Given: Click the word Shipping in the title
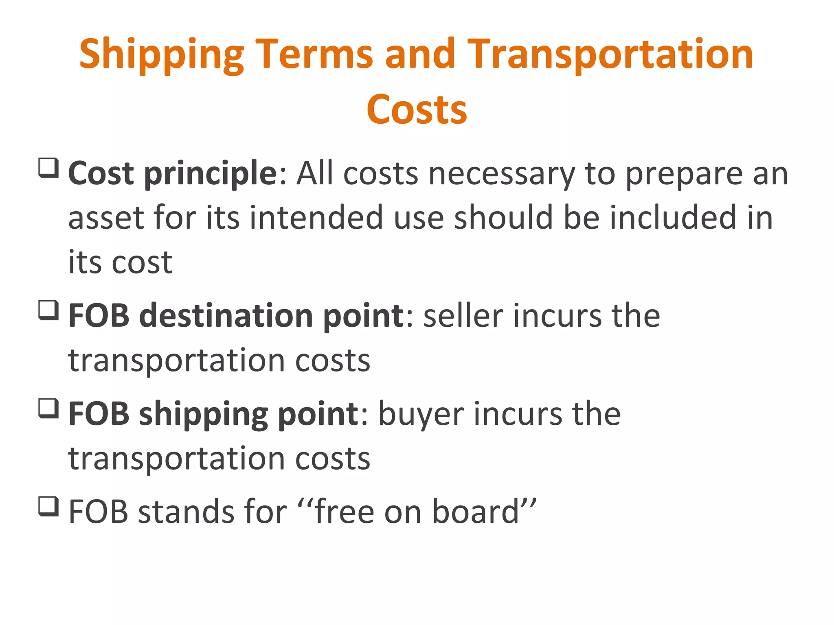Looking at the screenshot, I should tap(162, 55).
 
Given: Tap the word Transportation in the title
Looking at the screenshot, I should tap(610, 55).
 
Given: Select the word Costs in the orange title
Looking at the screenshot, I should tap(417, 110).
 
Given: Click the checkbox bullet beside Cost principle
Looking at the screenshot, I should tap(49, 168).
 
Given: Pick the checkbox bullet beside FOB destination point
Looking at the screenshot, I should tap(49, 310).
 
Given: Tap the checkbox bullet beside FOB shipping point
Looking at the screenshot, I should tap(49, 408).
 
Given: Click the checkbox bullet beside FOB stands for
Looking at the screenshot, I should tap(49, 506).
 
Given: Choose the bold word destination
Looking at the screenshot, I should tap(226, 316).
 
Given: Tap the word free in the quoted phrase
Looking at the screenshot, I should tap(344, 512).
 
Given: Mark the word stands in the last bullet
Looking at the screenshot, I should tap(186, 512).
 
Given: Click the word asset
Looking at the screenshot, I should tap(106, 218).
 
